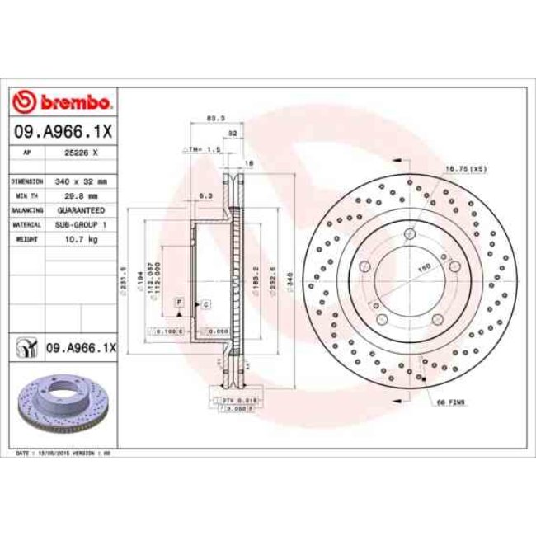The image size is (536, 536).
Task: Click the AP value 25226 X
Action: point(82,153)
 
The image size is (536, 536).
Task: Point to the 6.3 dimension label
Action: point(206,195)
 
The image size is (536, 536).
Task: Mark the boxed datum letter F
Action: point(177,304)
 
